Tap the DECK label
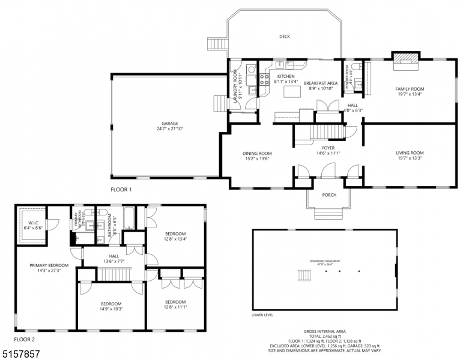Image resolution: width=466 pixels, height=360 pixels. tap(285, 37)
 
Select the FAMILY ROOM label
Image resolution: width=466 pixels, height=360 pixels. tap(410, 89)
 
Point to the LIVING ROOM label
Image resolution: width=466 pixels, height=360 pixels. tap(410, 153)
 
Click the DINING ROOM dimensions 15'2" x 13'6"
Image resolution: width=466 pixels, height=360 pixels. tap(257, 159)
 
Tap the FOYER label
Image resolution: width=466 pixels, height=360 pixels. tap(328, 148)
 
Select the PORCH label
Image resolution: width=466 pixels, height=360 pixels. tap(328, 195)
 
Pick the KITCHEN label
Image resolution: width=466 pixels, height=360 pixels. tap(285, 76)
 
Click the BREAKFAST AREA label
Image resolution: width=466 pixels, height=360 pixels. tap(320, 83)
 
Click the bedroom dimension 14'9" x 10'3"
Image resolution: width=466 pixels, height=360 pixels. tap(111, 309)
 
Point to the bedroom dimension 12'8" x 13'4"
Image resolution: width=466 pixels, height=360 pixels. tap(175, 239)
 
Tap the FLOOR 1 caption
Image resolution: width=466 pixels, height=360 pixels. tap(121, 189)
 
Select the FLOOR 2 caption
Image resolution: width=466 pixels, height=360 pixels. tap(26, 339)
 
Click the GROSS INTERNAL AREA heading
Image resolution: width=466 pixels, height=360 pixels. tap(324, 331)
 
